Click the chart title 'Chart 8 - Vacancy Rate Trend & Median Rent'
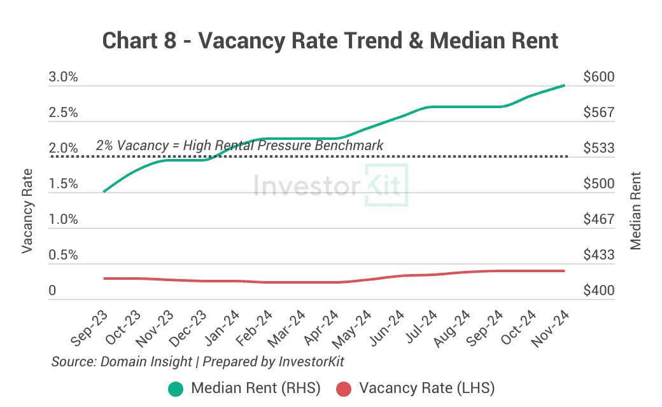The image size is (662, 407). click(x=330, y=41)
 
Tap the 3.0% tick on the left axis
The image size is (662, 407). click(x=63, y=78)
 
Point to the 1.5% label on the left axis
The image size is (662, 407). click(x=63, y=184)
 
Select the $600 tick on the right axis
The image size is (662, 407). click(x=598, y=78)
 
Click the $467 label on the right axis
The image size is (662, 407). click(x=598, y=220)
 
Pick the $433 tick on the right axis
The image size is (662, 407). click(x=598, y=256)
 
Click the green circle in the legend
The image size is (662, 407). click(x=176, y=388)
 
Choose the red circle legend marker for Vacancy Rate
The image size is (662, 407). click(x=344, y=388)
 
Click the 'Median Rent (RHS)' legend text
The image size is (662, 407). click(x=256, y=388)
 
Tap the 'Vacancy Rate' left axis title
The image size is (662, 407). click(x=27, y=211)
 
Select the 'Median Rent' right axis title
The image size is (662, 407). click(x=635, y=211)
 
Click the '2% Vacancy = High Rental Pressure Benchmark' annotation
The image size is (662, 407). click(x=239, y=146)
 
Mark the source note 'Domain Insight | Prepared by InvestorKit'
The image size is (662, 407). click(x=198, y=361)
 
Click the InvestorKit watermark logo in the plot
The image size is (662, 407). click(x=330, y=185)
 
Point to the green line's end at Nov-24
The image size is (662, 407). click(x=564, y=85)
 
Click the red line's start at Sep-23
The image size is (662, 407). click(x=104, y=279)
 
